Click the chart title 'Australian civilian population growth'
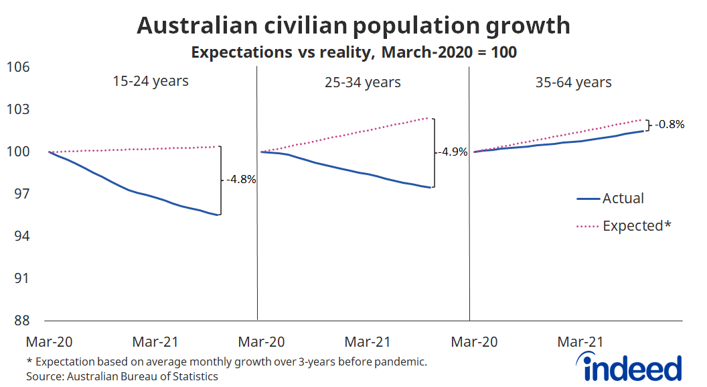coord(353,25)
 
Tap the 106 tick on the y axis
coord(18,67)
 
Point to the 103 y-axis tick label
coord(18,109)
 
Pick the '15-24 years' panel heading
coord(151,82)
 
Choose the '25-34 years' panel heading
coord(363,82)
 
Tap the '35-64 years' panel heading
coord(574,82)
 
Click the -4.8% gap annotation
coord(241,180)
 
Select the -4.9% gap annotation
coord(454,152)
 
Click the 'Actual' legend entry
coord(623,199)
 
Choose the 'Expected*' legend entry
coord(636,226)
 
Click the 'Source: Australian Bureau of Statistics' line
coord(123,376)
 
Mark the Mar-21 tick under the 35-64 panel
coord(580,342)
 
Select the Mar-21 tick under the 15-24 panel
coord(155,342)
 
